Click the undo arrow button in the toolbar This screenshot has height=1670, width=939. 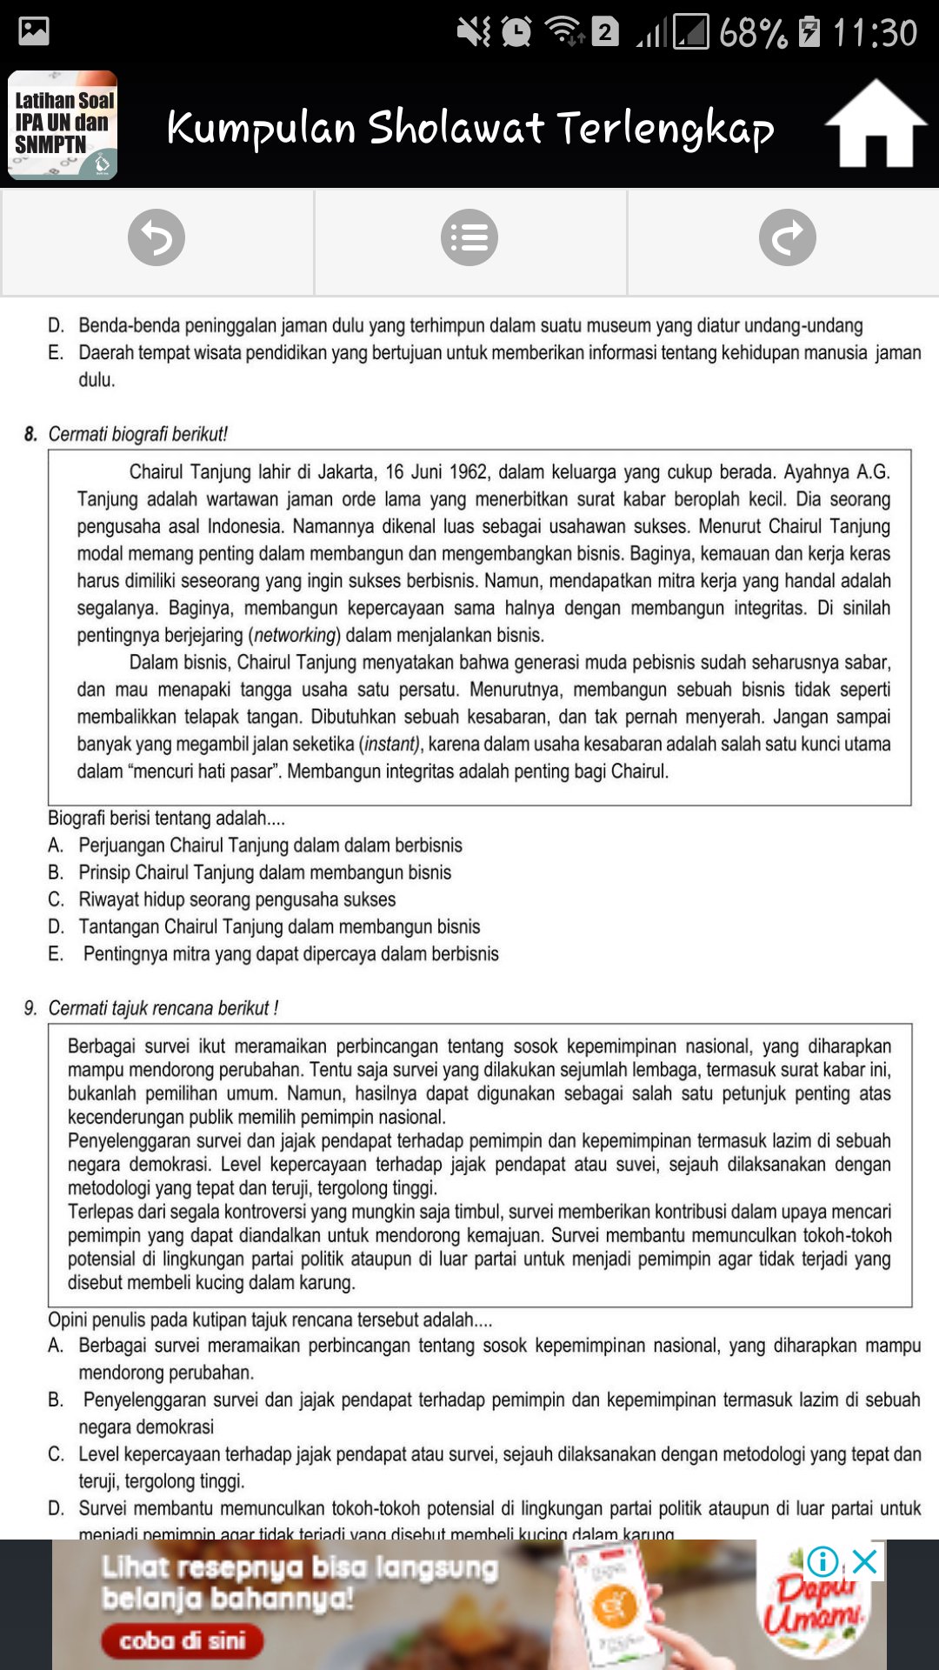(x=156, y=237)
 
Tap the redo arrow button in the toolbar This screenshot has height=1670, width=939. (x=787, y=237)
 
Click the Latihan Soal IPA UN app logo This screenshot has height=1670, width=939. (x=63, y=125)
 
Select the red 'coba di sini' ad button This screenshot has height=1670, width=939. (x=183, y=1640)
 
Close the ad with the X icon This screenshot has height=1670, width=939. (x=865, y=1561)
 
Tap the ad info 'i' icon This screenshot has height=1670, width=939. (x=822, y=1561)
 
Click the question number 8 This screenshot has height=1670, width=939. (x=31, y=434)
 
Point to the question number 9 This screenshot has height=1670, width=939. (x=31, y=1008)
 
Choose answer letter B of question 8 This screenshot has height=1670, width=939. (x=56, y=872)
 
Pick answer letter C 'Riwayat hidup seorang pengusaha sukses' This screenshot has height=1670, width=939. (x=56, y=899)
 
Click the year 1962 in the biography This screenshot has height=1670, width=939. (x=468, y=472)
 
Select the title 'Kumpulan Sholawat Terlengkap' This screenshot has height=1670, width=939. (x=469, y=128)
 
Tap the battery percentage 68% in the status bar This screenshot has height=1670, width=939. (x=752, y=33)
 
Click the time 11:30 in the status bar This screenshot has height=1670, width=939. (x=875, y=33)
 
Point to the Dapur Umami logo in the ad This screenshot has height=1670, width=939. (x=813, y=1605)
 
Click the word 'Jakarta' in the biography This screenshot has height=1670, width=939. (x=347, y=472)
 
